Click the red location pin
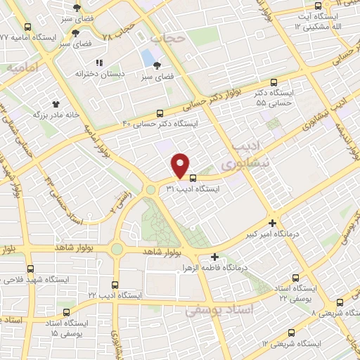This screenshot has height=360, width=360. [181, 165]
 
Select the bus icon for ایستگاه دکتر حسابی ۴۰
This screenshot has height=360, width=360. [160, 112]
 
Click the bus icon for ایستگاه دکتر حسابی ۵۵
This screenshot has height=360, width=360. [274, 81]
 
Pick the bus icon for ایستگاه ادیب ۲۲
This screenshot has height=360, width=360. [116, 285]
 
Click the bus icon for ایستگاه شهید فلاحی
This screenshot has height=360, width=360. [30, 269]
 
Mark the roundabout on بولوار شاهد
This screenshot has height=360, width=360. [117, 249]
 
